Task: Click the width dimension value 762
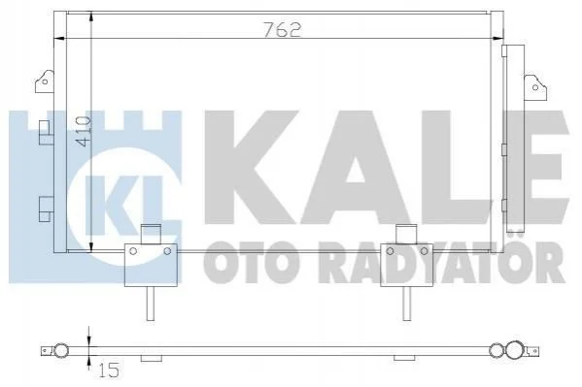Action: click(282, 30)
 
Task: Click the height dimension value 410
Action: click(83, 131)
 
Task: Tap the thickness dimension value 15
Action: click(109, 370)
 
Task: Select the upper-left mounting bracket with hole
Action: click(45, 81)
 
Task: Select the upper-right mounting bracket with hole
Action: click(534, 87)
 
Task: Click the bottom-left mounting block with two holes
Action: click(151, 265)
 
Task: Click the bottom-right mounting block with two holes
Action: click(407, 265)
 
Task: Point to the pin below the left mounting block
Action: click(151, 304)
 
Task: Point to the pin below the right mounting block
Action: click(407, 304)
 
